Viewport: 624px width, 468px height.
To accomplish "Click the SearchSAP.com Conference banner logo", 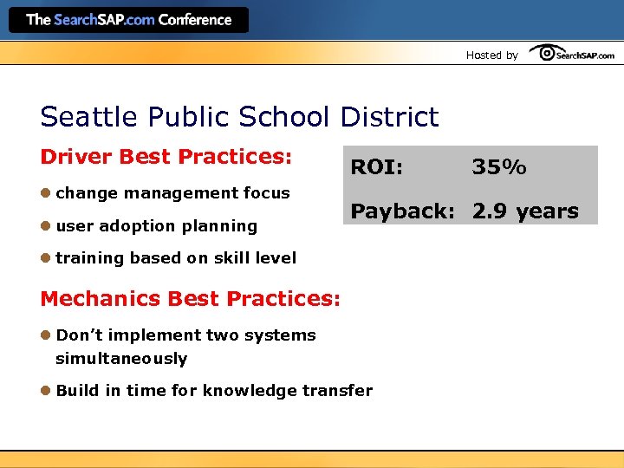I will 128,20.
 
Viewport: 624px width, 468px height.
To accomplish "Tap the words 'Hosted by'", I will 491,55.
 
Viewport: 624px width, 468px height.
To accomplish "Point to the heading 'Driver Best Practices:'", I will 166,157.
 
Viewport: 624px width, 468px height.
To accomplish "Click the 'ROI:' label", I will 376,167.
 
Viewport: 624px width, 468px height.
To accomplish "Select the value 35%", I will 498,167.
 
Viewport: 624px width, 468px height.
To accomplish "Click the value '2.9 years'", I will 525,211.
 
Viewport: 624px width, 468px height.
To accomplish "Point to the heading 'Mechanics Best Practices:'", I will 190,299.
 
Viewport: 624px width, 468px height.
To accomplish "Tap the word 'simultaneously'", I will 121,359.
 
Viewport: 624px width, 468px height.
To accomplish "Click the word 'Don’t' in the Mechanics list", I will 75,335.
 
